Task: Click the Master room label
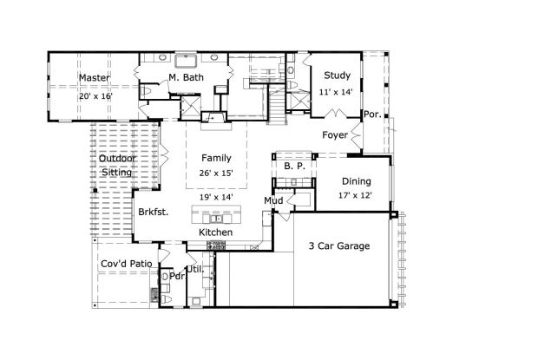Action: (x=95, y=78)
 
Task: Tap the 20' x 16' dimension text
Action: (x=95, y=96)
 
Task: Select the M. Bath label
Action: (x=186, y=77)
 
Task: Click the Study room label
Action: (x=338, y=75)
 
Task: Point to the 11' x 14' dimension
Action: (x=336, y=92)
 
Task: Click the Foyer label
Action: (x=335, y=135)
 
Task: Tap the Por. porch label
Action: (x=372, y=115)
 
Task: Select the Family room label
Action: (x=216, y=158)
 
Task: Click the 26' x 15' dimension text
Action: (x=216, y=173)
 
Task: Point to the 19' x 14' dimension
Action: (x=216, y=197)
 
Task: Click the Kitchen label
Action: (x=216, y=232)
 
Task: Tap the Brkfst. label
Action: (x=154, y=212)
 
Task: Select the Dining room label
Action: (x=357, y=181)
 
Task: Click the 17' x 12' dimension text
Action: (x=355, y=195)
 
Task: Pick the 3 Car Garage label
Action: (x=339, y=245)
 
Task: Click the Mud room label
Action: (x=273, y=200)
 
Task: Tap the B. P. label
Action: (x=295, y=166)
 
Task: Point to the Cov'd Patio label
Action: (x=127, y=264)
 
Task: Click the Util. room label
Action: (x=195, y=270)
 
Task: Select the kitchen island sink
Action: (x=216, y=219)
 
